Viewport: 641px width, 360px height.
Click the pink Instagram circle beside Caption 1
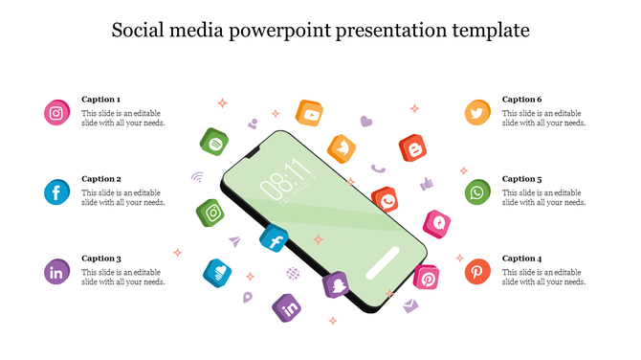coord(57,113)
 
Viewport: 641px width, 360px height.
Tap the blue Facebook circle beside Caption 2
coord(57,192)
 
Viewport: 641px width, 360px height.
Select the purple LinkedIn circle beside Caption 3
coord(57,272)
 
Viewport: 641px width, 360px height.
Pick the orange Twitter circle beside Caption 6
coord(477,113)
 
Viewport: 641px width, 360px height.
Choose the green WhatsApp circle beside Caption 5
coord(477,192)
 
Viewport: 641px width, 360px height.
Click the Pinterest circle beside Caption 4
coord(477,272)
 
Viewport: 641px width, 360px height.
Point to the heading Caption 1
coord(101,100)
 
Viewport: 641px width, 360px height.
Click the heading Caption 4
coord(522,259)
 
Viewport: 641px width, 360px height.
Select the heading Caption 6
coord(522,100)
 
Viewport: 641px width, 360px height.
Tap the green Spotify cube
coord(213,142)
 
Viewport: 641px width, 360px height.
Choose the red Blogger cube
coord(413,148)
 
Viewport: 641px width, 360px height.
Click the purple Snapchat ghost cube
coord(337,284)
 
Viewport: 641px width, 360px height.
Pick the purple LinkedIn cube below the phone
coord(288,307)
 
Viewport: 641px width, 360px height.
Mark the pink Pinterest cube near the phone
coord(426,279)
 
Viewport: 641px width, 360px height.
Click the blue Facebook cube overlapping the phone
coord(275,239)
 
